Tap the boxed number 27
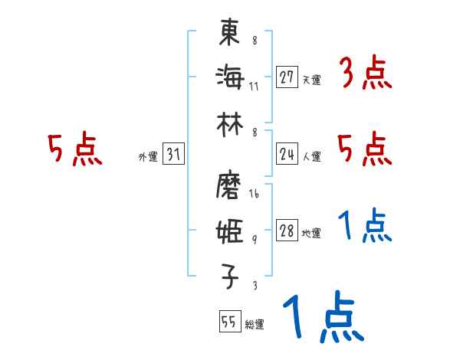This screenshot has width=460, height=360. coord(287,78)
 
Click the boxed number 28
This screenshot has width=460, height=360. coord(287,231)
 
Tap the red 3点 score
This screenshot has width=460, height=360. coord(365,74)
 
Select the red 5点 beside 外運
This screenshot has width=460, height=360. coord(74,149)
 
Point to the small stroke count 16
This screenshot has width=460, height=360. coord(254,195)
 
